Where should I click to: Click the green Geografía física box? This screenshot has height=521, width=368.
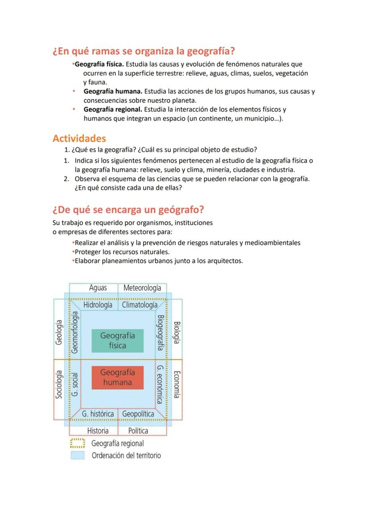point(117,341)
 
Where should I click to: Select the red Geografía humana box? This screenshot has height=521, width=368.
point(117,377)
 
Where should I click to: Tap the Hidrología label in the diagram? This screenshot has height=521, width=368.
point(98,305)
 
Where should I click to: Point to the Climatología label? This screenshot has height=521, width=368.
point(139,305)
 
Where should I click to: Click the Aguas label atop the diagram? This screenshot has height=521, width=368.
point(98,288)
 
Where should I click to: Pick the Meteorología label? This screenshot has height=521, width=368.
point(142,288)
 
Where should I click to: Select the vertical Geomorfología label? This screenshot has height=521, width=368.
point(75,332)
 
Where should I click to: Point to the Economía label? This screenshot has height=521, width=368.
point(176,384)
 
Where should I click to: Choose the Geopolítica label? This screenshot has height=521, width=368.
point(138,414)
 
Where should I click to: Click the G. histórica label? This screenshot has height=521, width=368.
point(98,414)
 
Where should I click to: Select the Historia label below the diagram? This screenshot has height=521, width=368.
point(98,431)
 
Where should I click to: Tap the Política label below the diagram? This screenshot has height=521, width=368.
point(138,431)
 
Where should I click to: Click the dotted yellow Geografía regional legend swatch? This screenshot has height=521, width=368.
point(77,444)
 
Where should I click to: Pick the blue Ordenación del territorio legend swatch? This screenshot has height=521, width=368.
point(77,456)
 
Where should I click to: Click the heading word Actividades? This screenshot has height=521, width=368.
point(79,138)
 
